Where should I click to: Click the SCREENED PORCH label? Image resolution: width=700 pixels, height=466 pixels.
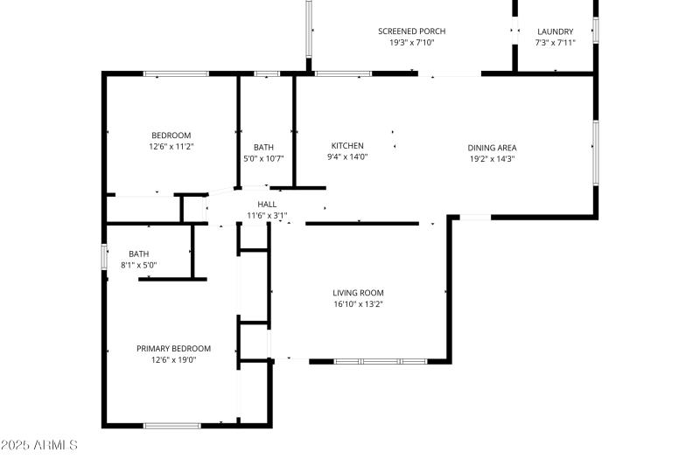[406, 31]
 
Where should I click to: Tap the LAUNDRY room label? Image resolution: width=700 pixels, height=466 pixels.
[555, 31]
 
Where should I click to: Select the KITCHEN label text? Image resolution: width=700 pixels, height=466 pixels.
[347, 146]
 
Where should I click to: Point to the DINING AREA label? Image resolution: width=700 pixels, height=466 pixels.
[492, 148]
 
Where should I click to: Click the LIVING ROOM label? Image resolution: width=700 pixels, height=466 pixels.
[358, 293]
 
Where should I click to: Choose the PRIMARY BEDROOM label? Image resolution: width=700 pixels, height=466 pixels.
[173, 348]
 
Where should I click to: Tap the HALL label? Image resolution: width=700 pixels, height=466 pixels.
[267, 204]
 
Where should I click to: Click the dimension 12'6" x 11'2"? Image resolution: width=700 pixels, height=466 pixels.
[171, 146]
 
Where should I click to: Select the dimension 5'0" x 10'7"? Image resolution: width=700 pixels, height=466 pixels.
[263, 158]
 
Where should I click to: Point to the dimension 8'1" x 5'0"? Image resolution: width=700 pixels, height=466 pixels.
[138, 265]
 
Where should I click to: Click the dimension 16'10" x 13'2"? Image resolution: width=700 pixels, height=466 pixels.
[358, 304]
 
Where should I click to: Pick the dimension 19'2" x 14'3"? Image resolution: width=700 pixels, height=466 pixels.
[492, 159]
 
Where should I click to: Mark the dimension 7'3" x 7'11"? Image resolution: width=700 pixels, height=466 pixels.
[555, 42]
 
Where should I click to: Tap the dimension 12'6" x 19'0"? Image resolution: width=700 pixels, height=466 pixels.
[173, 359]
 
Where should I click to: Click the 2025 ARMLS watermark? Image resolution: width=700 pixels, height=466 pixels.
[39, 446]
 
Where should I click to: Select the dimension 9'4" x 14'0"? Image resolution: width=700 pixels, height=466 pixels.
[347, 157]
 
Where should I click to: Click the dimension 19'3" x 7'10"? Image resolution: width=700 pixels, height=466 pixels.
[406, 42]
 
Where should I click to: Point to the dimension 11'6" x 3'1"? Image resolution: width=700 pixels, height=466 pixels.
[267, 215]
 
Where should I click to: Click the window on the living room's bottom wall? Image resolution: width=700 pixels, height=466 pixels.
[381, 360]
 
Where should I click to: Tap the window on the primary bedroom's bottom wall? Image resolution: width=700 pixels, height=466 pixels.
[171, 426]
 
